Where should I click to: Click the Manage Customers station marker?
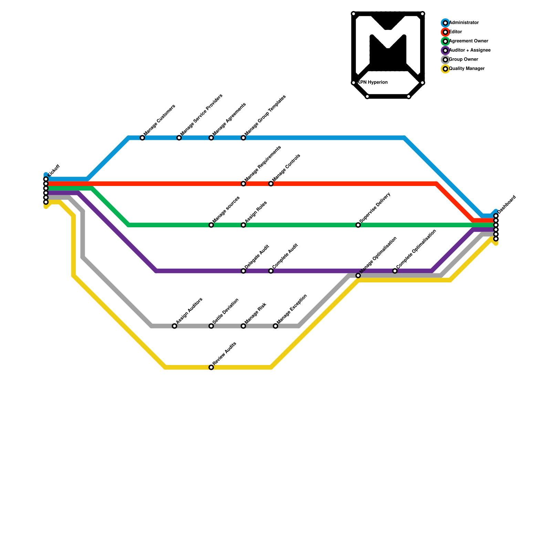point(142,138)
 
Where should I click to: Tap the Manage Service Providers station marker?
point(179,138)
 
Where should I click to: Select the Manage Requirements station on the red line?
point(243,184)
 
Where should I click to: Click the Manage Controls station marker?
point(271,184)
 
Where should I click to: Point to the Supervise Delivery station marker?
point(358,225)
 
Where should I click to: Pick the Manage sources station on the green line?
point(211,225)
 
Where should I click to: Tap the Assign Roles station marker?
point(243,225)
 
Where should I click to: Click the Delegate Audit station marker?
point(243,271)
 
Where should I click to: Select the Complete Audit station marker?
point(271,271)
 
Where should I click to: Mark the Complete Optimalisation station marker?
point(395,271)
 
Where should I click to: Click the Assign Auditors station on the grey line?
point(175,326)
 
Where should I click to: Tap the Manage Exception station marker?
point(275,326)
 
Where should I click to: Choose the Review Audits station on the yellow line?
point(211,367)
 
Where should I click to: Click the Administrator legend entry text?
point(464,23)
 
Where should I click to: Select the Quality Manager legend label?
point(467,69)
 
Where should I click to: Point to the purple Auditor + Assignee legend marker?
point(445,51)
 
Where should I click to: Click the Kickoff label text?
point(54,171)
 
